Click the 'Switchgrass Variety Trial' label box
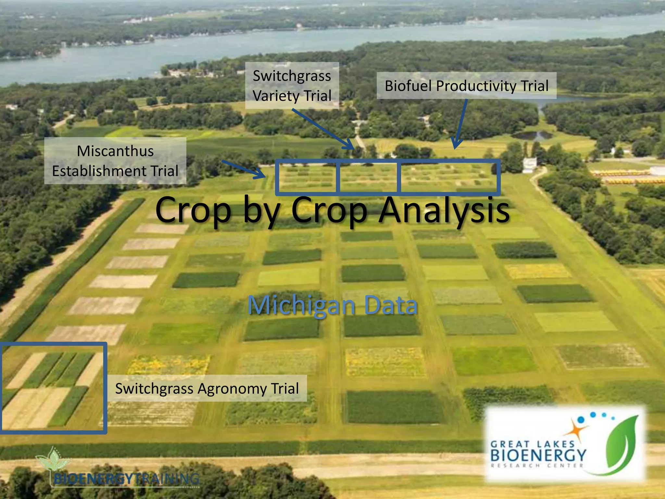click(x=292, y=85)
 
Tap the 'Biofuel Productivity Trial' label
click(x=466, y=86)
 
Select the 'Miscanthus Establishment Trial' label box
click(x=115, y=161)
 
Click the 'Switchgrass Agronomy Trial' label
click(x=207, y=388)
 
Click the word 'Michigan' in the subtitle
click(x=301, y=305)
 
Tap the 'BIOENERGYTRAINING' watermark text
click(x=126, y=479)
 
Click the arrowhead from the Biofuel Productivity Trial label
click(x=456, y=145)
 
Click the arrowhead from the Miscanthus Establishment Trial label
click(x=261, y=174)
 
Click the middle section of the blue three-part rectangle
click(x=368, y=177)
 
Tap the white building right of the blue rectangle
click(x=529, y=165)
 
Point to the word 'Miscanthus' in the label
click(x=115, y=151)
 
